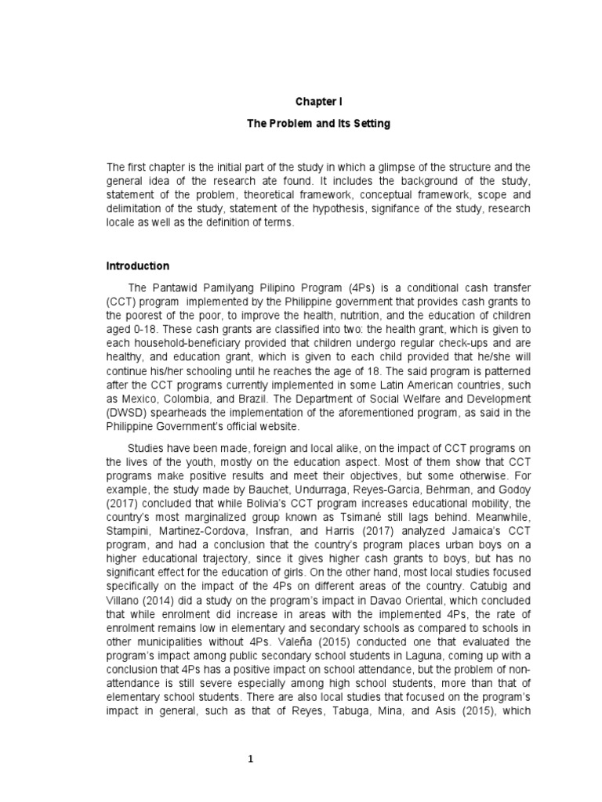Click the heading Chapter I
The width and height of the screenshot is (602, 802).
[318, 102]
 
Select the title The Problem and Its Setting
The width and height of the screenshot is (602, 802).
[318, 124]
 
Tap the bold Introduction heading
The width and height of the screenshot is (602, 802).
[139, 266]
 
